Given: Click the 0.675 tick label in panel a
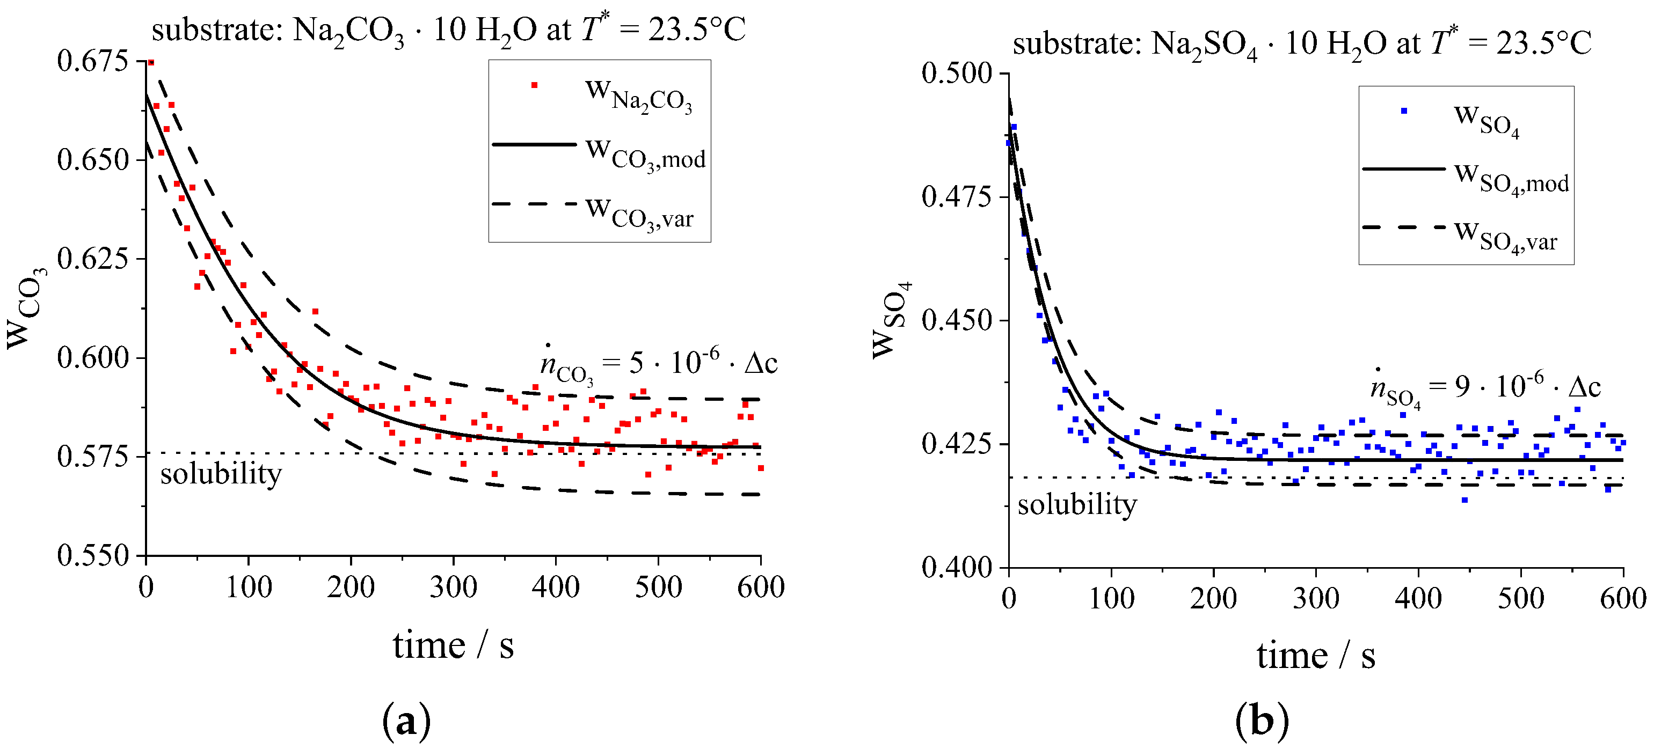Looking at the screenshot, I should point(92,61).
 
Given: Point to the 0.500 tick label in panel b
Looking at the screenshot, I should point(957,72).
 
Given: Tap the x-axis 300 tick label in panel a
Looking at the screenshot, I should point(453,586).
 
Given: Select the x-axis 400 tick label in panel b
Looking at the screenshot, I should point(1418,598).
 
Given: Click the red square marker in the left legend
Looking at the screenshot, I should point(534,85).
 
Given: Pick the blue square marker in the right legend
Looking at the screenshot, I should point(1404,111).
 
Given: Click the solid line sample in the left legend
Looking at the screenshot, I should point(534,144).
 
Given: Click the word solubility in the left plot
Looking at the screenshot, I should point(221,474).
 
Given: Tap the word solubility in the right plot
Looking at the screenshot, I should point(1077,504).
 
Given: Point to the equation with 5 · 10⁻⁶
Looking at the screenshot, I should point(658,363).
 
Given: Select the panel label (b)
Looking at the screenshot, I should point(1262,720).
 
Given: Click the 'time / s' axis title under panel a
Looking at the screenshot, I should point(453,645).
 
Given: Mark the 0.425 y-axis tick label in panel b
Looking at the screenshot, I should point(957,444).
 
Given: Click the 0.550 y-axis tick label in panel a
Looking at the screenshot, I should point(92,556).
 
